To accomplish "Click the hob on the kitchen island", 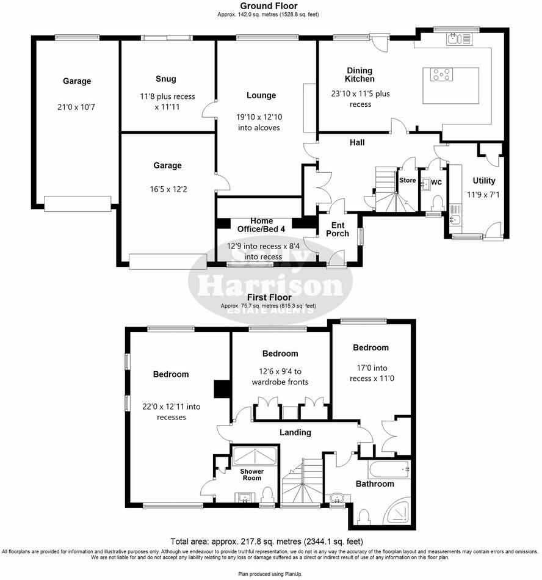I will point(443,75).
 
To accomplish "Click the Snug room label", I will point(165,79).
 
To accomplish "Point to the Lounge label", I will point(261,95).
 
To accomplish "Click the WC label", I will point(436,183).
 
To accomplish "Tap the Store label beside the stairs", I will point(407,181).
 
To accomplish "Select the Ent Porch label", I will point(338,230).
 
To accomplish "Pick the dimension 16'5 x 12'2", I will point(167,189).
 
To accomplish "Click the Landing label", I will point(295,432).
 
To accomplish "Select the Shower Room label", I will point(251,474).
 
